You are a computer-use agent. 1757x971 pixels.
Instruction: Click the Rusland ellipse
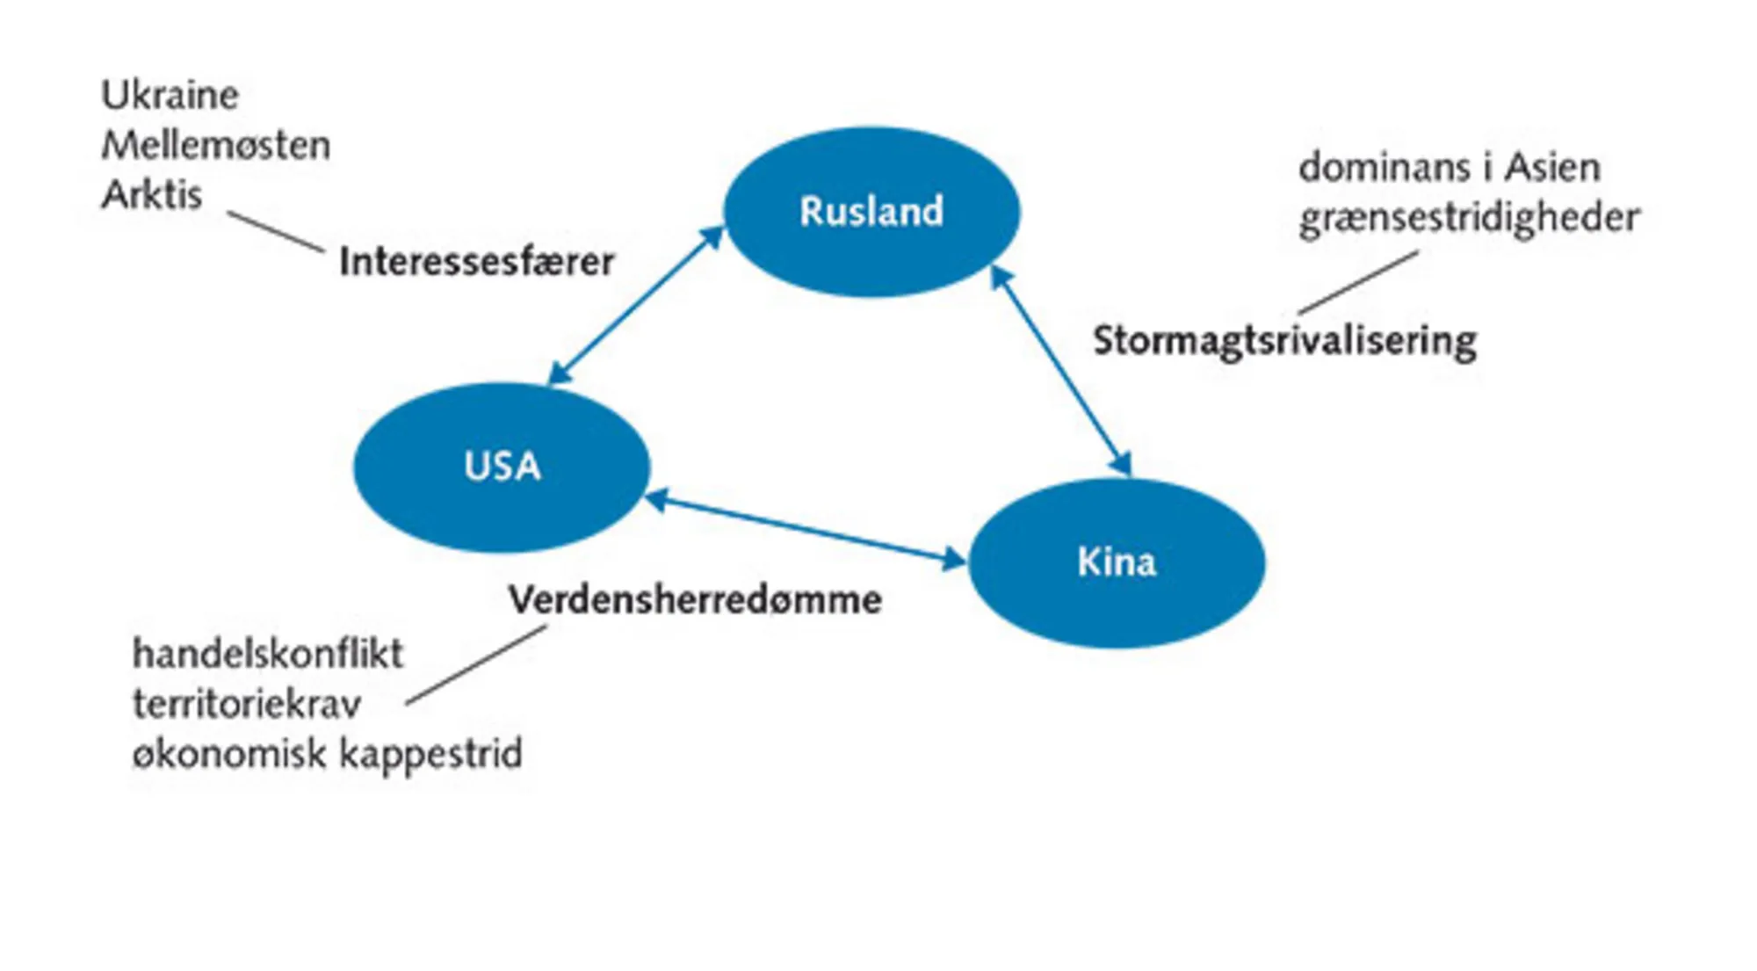[871, 211]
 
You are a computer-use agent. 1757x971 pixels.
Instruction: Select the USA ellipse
[502, 467]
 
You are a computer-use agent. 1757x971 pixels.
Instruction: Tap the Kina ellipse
[1116, 562]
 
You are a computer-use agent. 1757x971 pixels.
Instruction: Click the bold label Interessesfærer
[476, 262]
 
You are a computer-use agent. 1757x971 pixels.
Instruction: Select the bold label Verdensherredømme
[695, 600]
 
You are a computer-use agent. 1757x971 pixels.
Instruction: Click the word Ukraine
[170, 95]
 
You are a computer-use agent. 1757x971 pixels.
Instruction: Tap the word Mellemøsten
[216, 145]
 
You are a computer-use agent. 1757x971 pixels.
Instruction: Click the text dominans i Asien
[1449, 167]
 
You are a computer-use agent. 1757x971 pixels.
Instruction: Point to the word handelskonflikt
[268, 654]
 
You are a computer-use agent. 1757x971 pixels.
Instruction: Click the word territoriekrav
[247, 704]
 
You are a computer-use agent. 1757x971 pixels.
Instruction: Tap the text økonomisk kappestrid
[327, 754]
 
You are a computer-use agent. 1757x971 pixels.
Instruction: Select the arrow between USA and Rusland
[636, 306]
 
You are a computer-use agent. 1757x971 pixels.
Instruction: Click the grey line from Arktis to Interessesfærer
[276, 232]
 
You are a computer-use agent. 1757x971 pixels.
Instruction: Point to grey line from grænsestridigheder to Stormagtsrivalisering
[1358, 282]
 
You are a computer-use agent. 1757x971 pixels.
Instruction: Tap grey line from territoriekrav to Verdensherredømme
[476, 665]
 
